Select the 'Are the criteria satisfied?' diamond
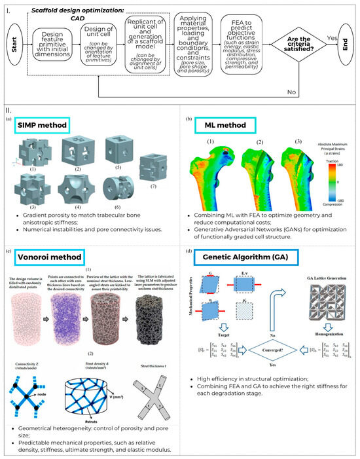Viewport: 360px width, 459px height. [x=298, y=47]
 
